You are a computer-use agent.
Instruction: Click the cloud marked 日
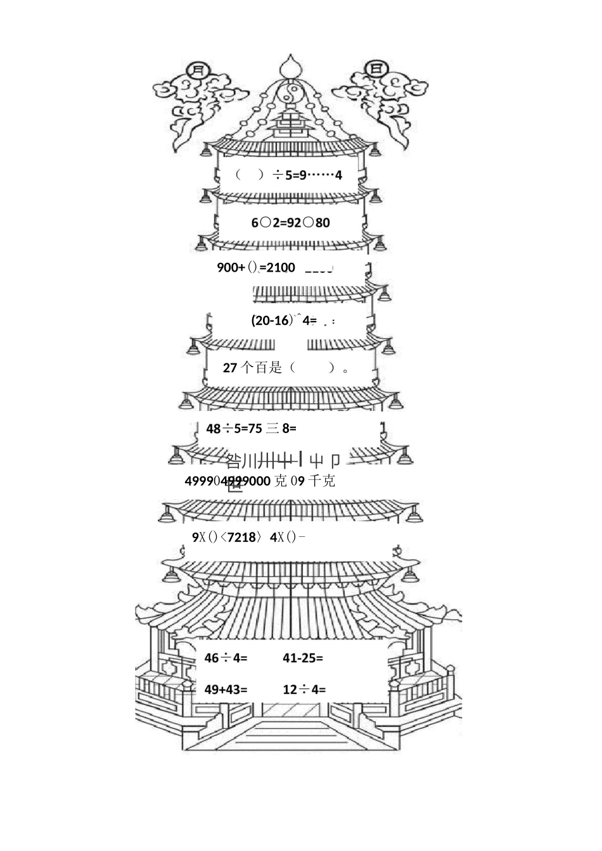coord(387,101)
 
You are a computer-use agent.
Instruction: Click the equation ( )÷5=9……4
coord(288,175)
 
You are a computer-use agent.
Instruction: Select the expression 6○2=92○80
coord(290,222)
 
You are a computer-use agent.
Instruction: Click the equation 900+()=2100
coord(256,268)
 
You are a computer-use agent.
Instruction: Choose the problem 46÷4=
coord(226,658)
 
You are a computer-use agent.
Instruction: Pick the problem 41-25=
coord(302,658)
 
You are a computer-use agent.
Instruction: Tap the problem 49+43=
coord(226,689)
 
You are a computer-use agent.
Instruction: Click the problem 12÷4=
coord(304,689)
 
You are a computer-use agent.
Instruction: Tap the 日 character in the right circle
coord(376,68)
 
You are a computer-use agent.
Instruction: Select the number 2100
coord(281,268)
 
